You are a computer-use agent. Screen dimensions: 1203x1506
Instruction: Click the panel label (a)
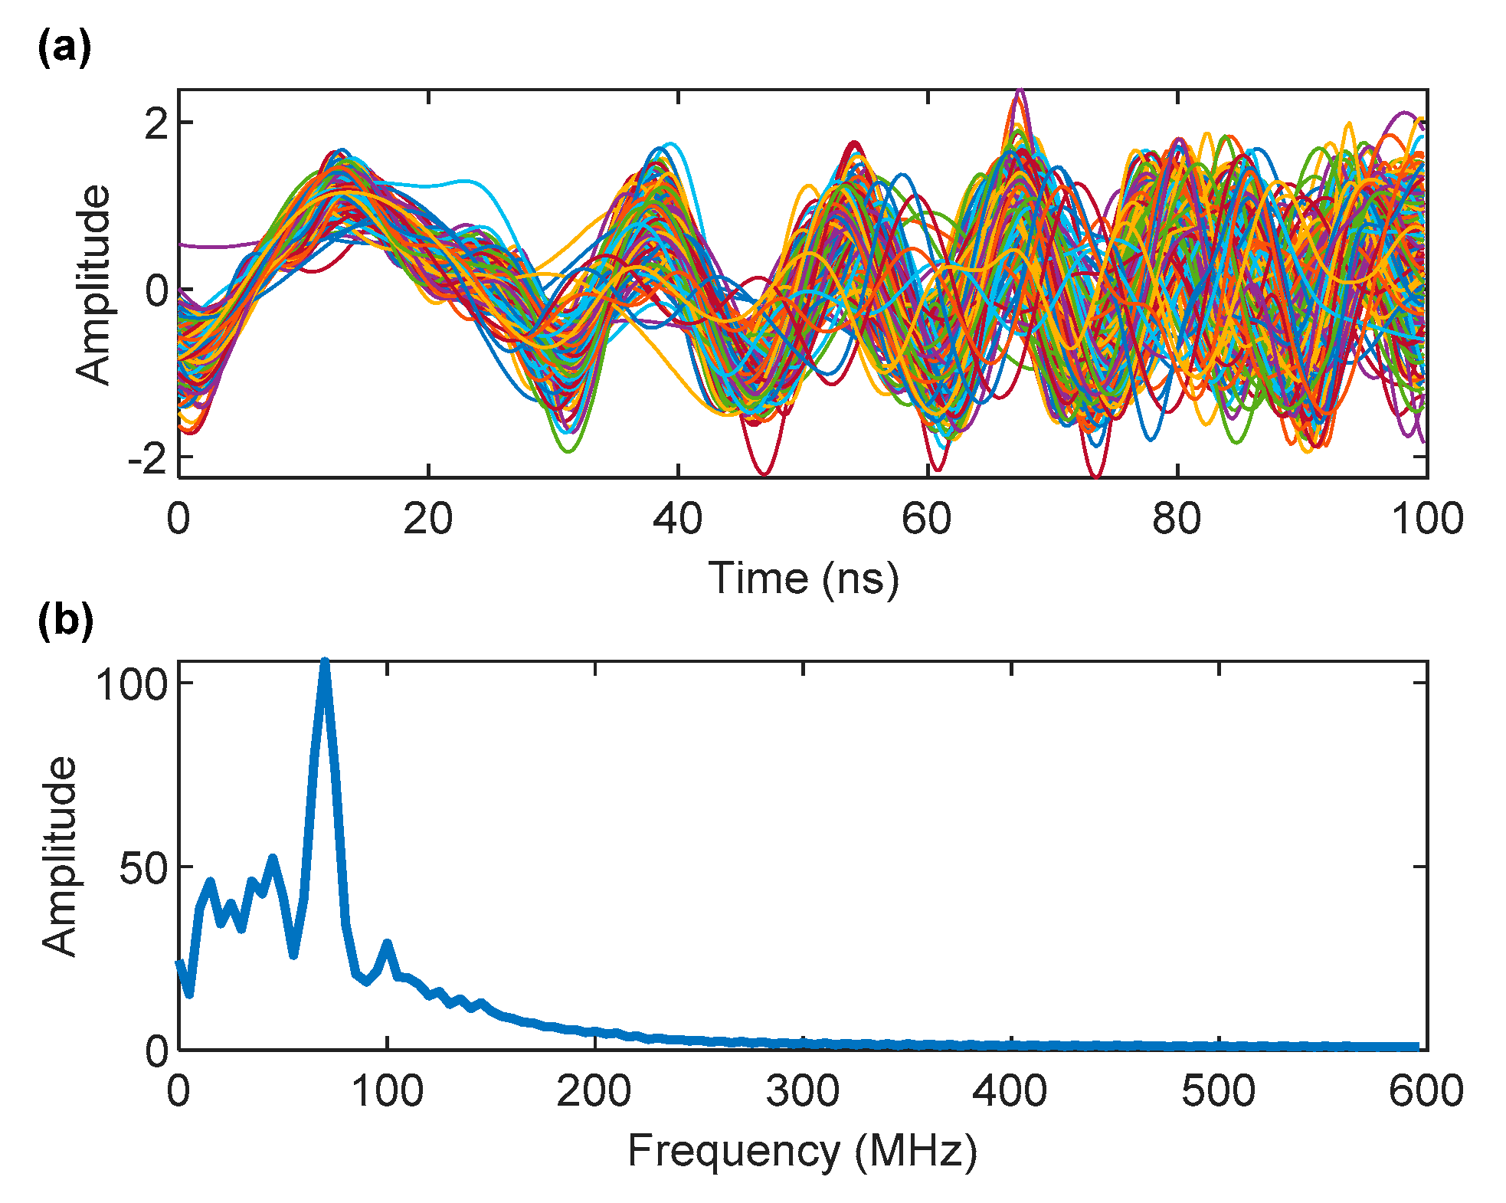tap(64, 49)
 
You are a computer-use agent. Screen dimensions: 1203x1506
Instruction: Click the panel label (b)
tap(65, 620)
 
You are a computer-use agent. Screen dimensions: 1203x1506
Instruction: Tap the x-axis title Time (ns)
tap(803, 579)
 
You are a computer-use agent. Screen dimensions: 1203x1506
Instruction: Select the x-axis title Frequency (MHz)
tap(802, 1150)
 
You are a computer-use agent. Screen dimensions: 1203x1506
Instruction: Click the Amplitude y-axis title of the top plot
tap(93, 284)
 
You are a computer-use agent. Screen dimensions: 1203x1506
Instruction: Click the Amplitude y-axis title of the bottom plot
tap(60, 856)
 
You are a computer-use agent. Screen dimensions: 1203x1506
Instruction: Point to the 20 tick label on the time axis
tap(427, 519)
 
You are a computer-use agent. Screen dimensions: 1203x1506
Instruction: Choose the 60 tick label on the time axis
tap(926, 519)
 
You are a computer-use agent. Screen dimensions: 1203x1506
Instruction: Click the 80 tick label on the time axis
tap(1176, 519)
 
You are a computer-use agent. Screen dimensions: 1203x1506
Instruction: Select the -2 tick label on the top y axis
tap(148, 458)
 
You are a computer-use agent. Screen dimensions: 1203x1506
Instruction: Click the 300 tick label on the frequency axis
tap(802, 1090)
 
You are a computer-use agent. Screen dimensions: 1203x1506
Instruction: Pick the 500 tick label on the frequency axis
tap(1218, 1090)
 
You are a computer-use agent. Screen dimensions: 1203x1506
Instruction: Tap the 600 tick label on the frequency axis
tap(1425, 1090)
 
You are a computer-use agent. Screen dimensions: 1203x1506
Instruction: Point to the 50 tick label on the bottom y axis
tap(143, 868)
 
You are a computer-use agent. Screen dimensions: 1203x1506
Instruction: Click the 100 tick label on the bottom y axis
tap(132, 683)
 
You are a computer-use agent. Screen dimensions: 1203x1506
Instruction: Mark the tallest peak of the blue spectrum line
tap(325, 664)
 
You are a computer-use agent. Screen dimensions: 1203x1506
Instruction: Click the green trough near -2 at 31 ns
tap(568, 450)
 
